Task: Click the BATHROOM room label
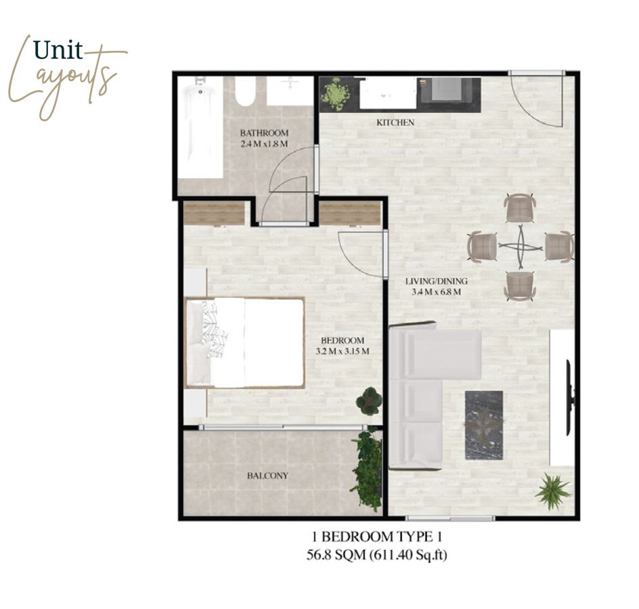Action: (264, 133)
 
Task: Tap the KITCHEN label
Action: (395, 122)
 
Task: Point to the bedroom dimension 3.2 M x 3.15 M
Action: (343, 351)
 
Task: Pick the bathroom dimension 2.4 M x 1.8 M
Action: (264, 144)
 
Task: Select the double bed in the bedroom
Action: (245, 342)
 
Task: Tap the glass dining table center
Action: (521, 247)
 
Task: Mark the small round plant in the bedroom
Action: (369, 401)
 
